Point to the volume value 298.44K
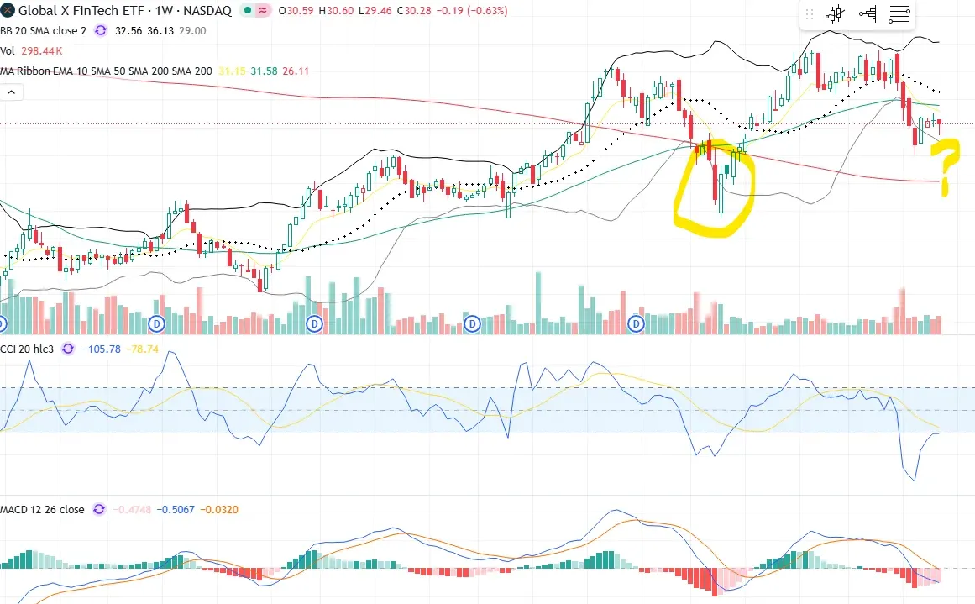[x=43, y=51]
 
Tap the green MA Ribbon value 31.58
[x=265, y=71]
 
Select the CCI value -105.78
[x=102, y=349]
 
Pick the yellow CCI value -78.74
[x=142, y=349]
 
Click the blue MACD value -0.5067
[x=176, y=509]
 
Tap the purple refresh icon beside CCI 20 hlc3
[x=68, y=349]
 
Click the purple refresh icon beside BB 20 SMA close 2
[x=101, y=30]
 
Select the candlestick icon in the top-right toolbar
[x=834, y=14]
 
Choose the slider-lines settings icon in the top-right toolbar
[x=899, y=14]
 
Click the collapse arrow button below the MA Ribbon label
[x=11, y=92]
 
